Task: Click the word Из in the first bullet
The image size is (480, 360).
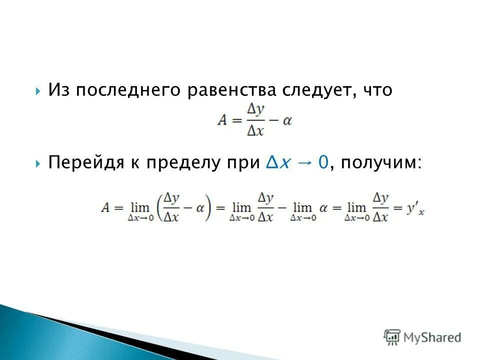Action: point(59,90)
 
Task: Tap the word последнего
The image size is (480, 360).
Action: point(129,91)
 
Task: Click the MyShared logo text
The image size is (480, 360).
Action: point(432,337)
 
